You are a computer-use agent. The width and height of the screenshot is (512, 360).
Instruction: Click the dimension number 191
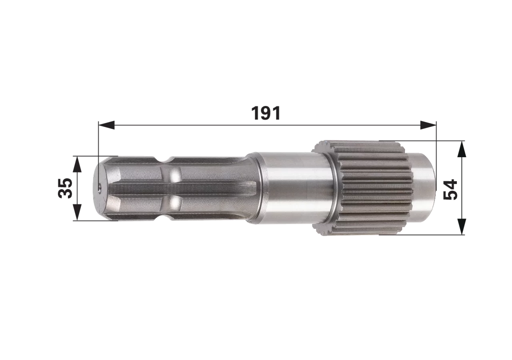(266, 113)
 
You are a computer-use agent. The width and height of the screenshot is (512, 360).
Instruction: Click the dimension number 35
(65, 188)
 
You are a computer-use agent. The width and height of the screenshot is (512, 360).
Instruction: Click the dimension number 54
(450, 190)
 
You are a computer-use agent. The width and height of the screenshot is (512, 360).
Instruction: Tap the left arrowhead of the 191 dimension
(106, 125)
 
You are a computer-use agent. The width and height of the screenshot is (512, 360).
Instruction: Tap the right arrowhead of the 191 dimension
(428, 125)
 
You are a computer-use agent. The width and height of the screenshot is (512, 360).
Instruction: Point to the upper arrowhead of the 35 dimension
(77, 164)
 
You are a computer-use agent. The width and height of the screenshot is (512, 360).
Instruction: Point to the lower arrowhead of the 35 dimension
(77, 212)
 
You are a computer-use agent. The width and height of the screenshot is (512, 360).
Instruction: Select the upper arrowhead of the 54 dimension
(462, 149)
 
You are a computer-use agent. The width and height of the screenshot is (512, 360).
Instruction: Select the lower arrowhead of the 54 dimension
(462, 226)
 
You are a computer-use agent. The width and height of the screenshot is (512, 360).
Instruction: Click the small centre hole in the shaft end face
(100, 188)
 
